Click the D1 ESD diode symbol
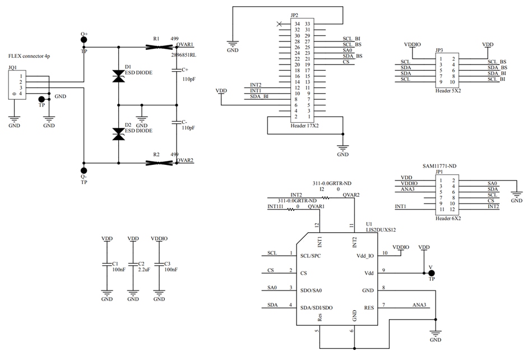118,76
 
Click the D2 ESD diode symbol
118,134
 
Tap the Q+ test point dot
84,40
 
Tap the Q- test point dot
84,170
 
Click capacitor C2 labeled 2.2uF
133,264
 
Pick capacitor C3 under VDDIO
159,264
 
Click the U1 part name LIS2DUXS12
381,229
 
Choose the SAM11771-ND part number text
440,166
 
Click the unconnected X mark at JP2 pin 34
279,24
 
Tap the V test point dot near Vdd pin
431,273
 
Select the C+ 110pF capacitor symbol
177,70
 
